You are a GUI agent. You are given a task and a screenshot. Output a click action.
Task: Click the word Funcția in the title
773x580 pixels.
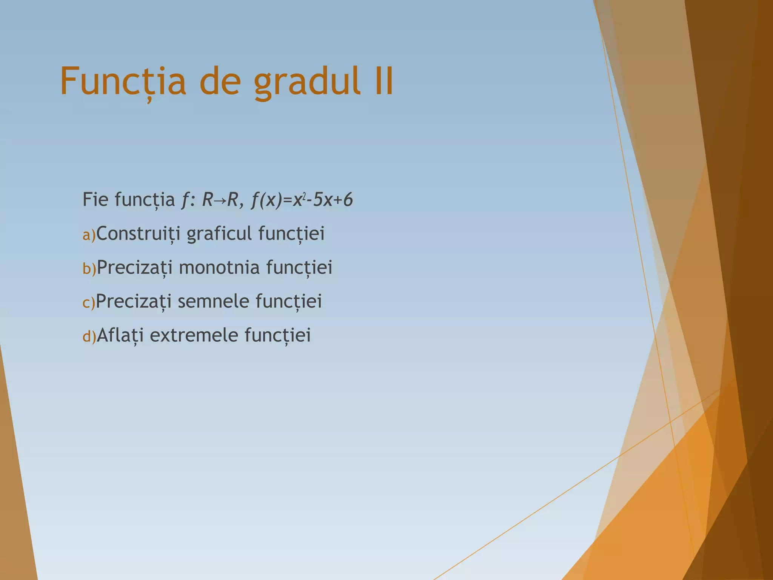pos(123,82)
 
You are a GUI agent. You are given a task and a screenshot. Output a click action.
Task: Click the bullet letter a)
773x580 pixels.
pos(89,235)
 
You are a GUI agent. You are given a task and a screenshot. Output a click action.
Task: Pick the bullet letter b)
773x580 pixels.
pos(89,269)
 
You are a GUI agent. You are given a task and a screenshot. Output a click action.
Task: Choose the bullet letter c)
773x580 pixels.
pos(89,303)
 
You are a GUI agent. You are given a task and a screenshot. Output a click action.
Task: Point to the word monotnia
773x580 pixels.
pos(219,267)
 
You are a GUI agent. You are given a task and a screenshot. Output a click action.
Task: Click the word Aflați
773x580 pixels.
pos(120,335)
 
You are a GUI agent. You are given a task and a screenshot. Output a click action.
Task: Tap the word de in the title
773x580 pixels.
pos(220,82)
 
